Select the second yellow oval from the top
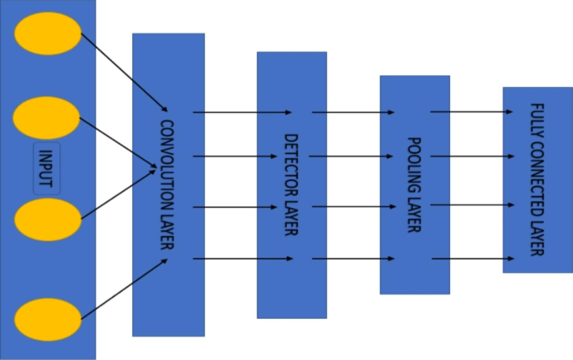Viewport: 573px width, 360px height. point(47,118)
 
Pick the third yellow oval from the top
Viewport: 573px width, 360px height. point(47,219)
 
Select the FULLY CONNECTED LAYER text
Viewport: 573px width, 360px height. point(537,179)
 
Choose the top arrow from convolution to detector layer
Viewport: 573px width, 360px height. point(243,111)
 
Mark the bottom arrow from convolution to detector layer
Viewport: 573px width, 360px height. point(243,259)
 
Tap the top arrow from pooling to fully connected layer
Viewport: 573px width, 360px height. point(472,110)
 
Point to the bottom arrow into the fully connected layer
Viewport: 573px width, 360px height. point(472,259)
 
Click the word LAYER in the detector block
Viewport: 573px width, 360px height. point(291,215)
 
